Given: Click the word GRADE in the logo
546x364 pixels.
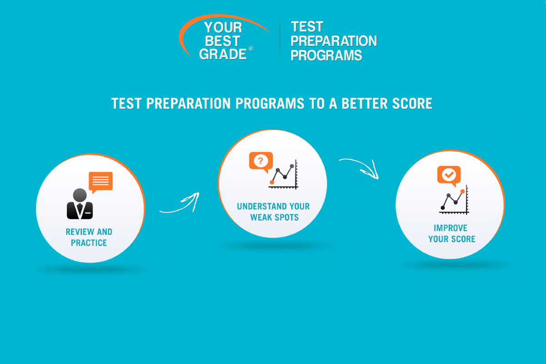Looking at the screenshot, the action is click(223, 54).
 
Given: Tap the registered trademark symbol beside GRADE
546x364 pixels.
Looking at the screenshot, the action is click(251, 49).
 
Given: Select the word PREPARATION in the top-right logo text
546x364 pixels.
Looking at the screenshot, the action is click(334, 41).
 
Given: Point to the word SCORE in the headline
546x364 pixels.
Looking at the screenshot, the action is click(412, 103).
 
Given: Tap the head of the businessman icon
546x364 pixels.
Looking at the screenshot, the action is click(80, 195).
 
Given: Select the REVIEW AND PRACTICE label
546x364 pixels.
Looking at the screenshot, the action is click(89, 237).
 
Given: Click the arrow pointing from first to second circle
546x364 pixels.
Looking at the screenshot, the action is click(182, 207).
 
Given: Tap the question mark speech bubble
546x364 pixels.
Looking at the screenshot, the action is click(261, 162).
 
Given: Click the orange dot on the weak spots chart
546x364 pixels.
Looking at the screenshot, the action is click(272, 182).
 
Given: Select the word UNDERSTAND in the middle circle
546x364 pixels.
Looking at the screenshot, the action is click(261, 207).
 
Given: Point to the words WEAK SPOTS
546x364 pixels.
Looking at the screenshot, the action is click(274, 217).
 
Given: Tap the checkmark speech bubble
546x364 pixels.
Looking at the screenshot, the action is click(449, 176).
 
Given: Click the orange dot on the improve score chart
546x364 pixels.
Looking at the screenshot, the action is click(462, 192).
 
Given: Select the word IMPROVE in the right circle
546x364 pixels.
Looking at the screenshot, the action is click(450, 228).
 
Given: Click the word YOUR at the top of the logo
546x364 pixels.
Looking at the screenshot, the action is click(223, 27).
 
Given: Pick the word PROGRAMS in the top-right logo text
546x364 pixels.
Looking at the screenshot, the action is click(326, 56).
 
